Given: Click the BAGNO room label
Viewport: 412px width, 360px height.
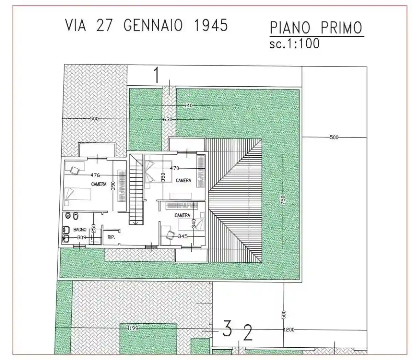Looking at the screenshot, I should (80, 229).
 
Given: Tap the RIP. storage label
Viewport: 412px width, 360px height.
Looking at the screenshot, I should (111, 237).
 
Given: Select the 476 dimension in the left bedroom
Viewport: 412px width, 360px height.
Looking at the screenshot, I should (95, 175).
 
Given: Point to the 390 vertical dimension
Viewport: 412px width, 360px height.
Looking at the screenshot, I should (113, 185).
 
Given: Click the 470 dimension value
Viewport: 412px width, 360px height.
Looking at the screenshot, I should (175, 168).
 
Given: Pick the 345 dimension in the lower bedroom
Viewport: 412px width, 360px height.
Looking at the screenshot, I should (183, 236).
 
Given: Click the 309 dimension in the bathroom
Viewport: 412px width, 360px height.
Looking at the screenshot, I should (82, 237).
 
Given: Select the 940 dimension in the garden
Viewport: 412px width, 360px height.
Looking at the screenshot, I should (188, 106).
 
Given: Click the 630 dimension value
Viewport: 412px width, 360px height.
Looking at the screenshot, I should (167, 119).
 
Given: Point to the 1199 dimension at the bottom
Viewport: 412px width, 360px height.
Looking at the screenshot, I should (133, 328).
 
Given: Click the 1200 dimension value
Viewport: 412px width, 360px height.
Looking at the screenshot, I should (289, 329).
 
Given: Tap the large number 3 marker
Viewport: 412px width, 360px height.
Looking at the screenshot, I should (227, 329).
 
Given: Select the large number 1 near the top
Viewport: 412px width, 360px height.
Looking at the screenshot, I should (156, 75).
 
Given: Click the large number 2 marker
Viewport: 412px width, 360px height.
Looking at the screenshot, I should (248, 333).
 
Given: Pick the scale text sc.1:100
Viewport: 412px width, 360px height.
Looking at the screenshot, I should (294, 44).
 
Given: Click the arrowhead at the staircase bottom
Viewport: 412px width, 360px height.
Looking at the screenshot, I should (136, 223).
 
